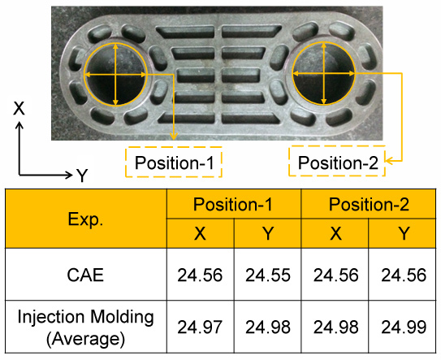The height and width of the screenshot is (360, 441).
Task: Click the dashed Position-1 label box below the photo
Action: tap(174, 163)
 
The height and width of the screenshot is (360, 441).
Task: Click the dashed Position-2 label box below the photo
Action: tap(337, 161)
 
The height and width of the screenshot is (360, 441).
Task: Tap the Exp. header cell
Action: tap(86, 219)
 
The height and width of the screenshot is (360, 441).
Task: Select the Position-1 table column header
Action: tap(234, 204)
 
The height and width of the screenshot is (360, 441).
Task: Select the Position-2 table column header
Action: tap(369, 204)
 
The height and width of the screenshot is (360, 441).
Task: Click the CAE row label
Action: tap(85, 275)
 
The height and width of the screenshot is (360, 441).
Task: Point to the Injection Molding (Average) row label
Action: tap(85, 327)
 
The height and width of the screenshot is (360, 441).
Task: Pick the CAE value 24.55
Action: tap(268, 275)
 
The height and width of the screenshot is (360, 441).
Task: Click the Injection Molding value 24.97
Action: tap(200, 327)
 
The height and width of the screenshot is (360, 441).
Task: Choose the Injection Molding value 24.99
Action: tap(404, 327)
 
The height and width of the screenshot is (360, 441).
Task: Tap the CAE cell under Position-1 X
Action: tap(201, 275)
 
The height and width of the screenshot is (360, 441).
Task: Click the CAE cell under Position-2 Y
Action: tap(402, 275)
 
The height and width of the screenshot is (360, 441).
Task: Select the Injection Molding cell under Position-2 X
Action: tap(335, 327)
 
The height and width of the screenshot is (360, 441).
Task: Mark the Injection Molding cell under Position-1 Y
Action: tap(267, 327)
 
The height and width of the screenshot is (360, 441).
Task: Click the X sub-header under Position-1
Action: tap(201, 233)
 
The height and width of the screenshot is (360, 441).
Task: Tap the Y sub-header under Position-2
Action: tap(402, 233)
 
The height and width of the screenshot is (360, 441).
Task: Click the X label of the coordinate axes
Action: tap(19, 108)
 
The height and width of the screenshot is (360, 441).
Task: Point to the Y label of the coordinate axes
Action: tap(82, 176)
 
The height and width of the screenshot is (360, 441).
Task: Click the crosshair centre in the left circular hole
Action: tap(115, 75)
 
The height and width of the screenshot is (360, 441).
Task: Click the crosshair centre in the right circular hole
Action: tap(324, 74)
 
